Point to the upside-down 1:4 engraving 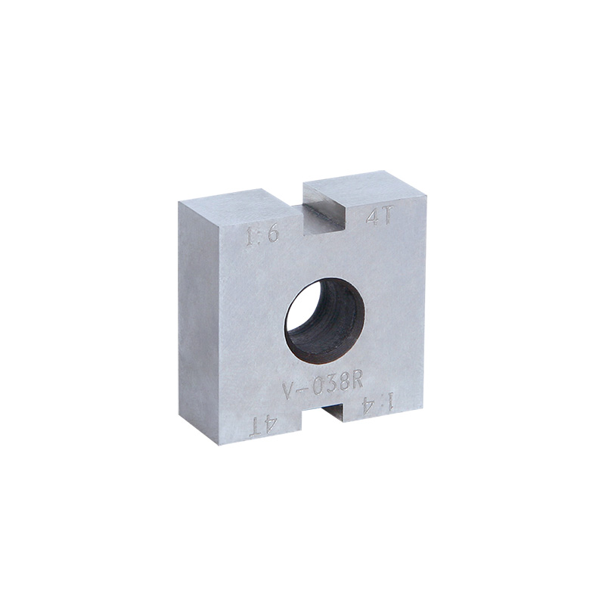[x=377, y=405]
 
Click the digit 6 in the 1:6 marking [x=273, y=234]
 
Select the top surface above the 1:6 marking [x=234, y=203]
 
